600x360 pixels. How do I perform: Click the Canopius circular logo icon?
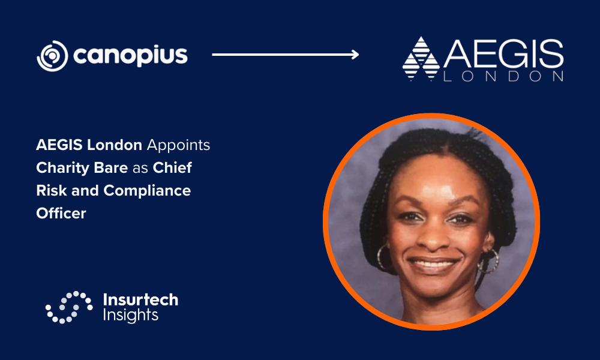coord(52,56)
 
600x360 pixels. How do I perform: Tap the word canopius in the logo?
coord(130,56)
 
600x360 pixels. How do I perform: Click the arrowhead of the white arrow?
coord(355,55)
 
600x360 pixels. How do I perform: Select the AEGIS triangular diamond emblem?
coord(421,59)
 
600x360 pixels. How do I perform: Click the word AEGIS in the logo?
coord(503,53)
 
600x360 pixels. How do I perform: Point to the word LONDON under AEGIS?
coord(503,76)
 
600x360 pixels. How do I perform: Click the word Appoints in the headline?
coord(178,145)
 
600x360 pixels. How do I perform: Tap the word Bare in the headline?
coord(113,167)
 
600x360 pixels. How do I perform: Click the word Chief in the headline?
coord(172,167)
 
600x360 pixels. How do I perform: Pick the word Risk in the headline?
coord(51,191)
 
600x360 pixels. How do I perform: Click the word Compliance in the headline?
coord(147,191)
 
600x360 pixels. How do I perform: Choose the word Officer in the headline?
coord(61,213)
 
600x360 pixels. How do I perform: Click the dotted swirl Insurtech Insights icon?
coord(69,307)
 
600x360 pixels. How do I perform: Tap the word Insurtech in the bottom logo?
coord(141,299)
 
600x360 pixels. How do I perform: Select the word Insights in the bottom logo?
coord(130,315)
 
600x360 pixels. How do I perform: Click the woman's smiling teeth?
coord(433,263)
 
